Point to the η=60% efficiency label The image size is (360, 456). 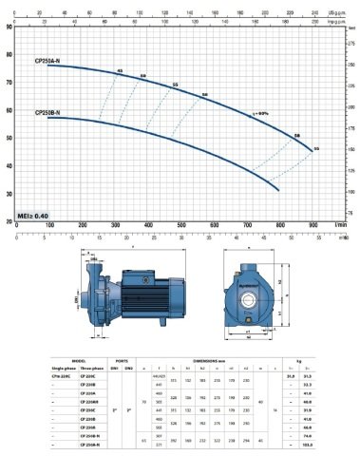pyautogui.click(x=258, y=113)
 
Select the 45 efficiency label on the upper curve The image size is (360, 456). pyautogui.click(x=120, y=71)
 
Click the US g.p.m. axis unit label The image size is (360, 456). pyautogui.click(x=338, y=11)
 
